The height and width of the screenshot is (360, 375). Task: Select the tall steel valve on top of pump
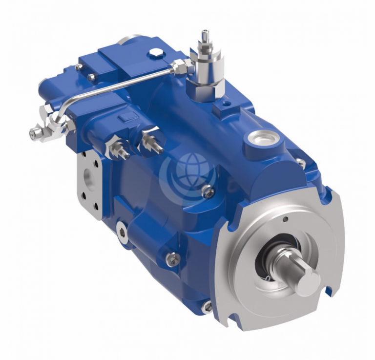coord(206,64)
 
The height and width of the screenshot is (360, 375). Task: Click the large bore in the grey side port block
coord(88,176)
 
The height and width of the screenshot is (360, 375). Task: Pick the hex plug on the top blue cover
coord(156,52)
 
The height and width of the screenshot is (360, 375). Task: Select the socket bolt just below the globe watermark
coord(209,192)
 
